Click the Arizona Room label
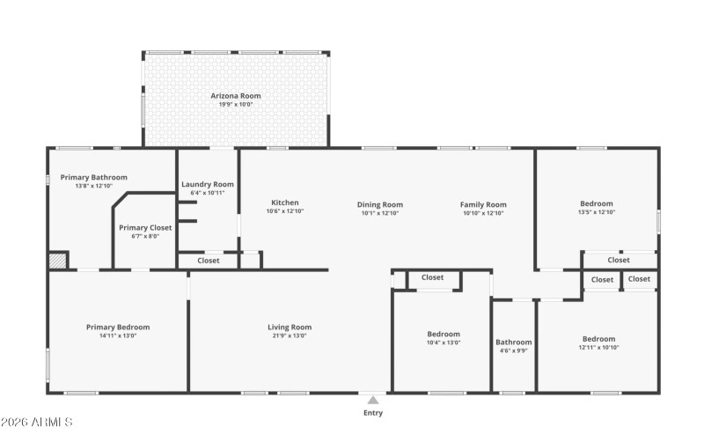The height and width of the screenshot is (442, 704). tap(235, 95)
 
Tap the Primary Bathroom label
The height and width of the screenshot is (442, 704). tap(93, 177)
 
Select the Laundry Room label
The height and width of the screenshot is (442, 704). tap(208, 184)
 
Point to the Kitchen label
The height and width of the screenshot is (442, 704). tap(284, 203)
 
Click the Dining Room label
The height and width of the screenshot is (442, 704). tap(380, 204)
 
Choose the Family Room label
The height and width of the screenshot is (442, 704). tap(483, 204)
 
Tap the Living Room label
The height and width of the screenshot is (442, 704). tap(290, 328)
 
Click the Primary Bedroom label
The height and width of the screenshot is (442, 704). tap(118, 328)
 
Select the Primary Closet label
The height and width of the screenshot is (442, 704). tap(145, 227)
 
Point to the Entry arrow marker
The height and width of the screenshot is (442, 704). tap(373, 400)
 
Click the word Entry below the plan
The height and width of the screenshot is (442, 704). tap(373, 412)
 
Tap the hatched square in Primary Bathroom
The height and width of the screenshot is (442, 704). tap(57, 261)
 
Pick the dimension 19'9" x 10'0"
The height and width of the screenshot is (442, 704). tap(235, 105)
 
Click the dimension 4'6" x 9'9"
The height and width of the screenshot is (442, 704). tap(513, 350)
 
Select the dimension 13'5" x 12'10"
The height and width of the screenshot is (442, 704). tap(596, 212)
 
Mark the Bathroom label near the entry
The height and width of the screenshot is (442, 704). tap(513, 342)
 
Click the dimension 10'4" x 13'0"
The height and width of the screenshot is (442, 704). tap(444, 343)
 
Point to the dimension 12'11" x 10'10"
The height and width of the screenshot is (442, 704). tap(598, 348)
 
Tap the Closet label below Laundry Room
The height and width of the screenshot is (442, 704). tap(209, 261)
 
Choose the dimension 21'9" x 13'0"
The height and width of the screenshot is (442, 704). tap(290, 335)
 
